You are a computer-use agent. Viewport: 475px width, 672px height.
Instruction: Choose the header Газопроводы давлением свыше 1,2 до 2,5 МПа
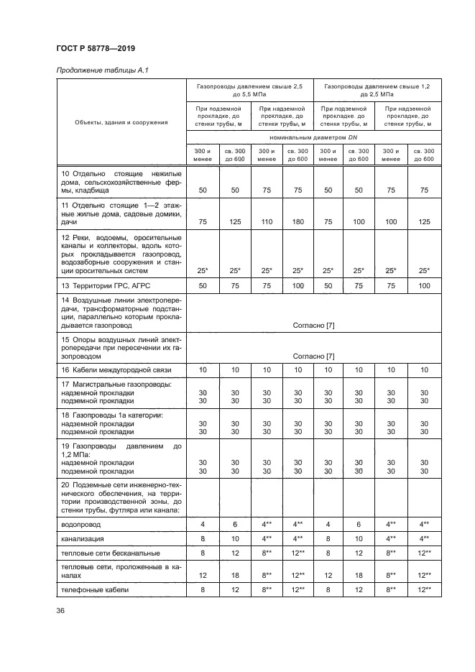[x=377, y=90]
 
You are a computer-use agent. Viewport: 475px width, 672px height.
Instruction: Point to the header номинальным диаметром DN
[x=313, y=137]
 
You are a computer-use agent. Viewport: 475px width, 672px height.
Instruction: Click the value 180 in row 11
[x=297, y=222]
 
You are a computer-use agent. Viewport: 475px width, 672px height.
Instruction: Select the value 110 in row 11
[x=265, y=222]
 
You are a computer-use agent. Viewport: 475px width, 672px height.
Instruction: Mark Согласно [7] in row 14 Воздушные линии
[x=313, y=325]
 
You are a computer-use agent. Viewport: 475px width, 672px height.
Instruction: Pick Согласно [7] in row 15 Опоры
[x=313, y=356]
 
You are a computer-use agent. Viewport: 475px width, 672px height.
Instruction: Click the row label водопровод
[x=82, y=525]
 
